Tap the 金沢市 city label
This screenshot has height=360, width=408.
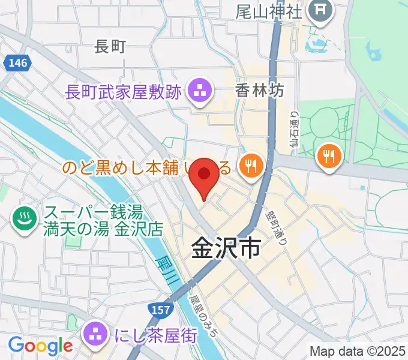pyautogui.click(x=226, y=247)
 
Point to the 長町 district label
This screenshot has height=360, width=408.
pyautogui.click(x=110, y=46)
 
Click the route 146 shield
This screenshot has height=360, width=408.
pyautogui.click(x=17, y=63)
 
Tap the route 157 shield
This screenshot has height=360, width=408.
pyautogui.click(x=160, y=310)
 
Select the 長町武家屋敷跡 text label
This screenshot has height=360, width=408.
pyautogui.click(x=122, y=92)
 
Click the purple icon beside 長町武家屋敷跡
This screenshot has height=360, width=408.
pyautogui.click(x=199, y=92)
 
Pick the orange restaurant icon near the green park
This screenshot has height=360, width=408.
pyautogui.click(x=328, y=157)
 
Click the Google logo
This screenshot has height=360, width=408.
pyautogui.click(x=40, y=346)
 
